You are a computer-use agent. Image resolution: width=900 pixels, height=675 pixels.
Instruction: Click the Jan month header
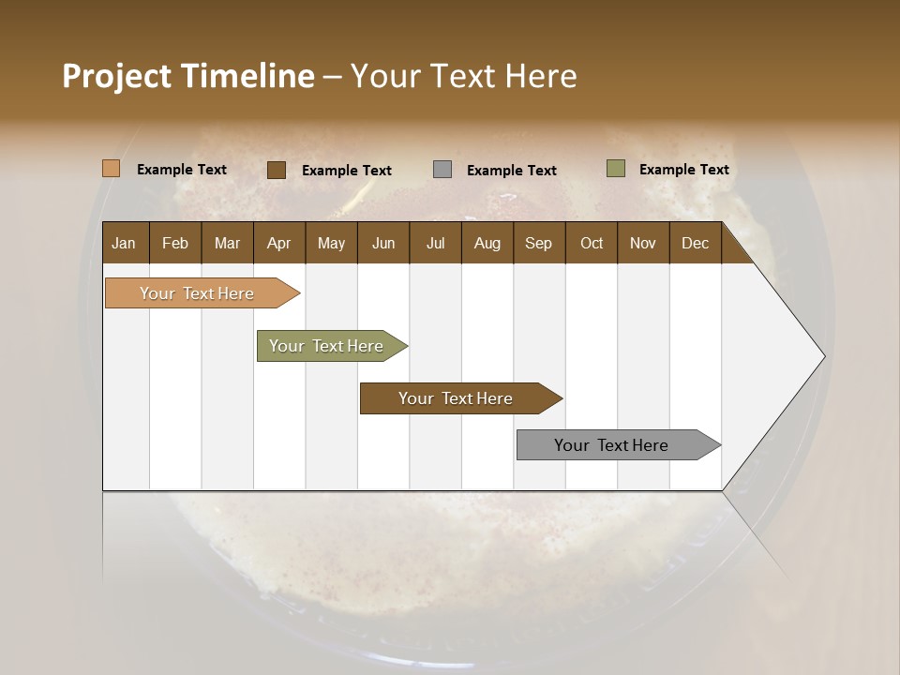coord(124,243)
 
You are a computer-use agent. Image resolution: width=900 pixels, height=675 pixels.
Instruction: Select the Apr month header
coord(278,243)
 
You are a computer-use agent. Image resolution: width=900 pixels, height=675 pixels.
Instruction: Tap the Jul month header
coord(435,243)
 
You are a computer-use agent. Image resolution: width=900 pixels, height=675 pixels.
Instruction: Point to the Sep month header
coord(538,243)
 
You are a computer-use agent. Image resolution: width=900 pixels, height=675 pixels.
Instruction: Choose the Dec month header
coord(695,243)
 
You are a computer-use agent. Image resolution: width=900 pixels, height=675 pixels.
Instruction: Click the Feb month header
coord(175,243)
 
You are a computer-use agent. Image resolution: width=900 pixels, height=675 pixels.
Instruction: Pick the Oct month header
coord(592,243)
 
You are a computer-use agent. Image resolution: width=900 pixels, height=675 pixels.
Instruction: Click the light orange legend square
coord(112,169)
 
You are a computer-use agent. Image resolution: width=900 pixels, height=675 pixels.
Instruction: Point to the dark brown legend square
coord(277,170)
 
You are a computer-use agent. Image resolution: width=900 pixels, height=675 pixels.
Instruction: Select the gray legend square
coord(442,170)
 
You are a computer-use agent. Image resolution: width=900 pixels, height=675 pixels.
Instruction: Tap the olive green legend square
coord(615,169)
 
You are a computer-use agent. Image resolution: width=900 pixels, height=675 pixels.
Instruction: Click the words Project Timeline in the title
coord(188,76)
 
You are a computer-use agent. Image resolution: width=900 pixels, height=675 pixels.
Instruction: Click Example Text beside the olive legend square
coord(683,170)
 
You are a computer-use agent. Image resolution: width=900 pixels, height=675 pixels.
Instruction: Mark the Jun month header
coord(383,243)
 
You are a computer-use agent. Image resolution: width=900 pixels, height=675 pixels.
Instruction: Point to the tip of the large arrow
coord(822,356)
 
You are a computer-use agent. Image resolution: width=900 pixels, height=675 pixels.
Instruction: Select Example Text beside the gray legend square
coord(511,171)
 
